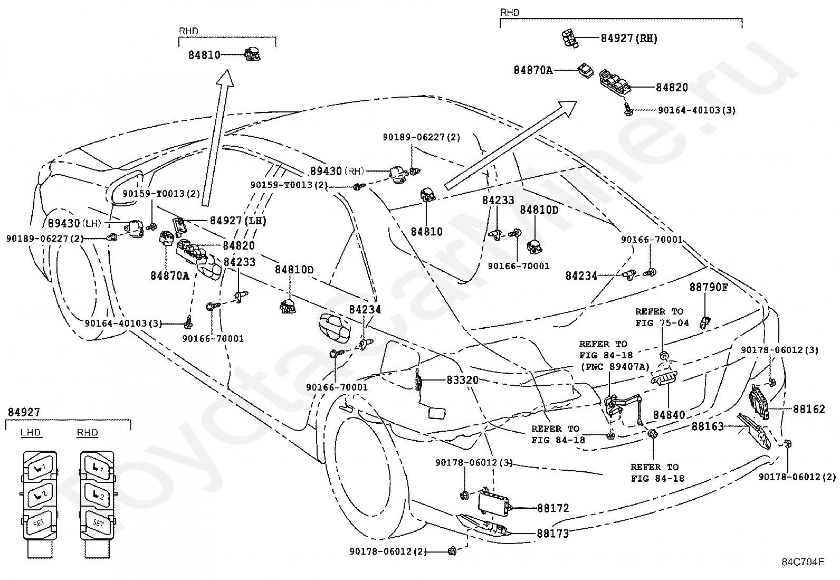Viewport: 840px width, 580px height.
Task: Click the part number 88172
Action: pos(553,508)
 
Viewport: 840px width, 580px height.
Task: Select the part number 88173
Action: pos(553,534)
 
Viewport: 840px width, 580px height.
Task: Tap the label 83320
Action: pos(462,380)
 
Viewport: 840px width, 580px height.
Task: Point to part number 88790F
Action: pos(709,288)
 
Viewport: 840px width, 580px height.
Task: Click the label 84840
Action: pos(669,415)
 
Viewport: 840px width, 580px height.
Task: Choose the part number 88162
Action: pos(809,409)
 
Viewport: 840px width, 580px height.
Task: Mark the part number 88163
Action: pos(708,426)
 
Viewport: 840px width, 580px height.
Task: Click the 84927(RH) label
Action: pos(629,39)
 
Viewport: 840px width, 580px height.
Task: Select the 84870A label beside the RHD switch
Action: pos(533,70)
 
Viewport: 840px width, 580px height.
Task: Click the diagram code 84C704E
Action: pos(803,562)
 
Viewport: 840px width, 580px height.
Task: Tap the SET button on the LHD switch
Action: pos(39,523)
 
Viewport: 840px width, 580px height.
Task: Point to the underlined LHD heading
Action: pos(31,433)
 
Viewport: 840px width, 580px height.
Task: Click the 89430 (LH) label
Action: pos(74,224)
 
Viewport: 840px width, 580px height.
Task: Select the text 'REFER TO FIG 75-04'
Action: pos(662,317)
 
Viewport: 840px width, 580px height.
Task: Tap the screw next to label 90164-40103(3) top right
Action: pos(628,109)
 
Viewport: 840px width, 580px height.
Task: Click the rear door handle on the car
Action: pos(335,328)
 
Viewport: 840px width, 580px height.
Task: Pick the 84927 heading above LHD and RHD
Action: pos(24,412)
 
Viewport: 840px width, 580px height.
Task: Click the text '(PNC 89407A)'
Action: pos(615,367)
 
